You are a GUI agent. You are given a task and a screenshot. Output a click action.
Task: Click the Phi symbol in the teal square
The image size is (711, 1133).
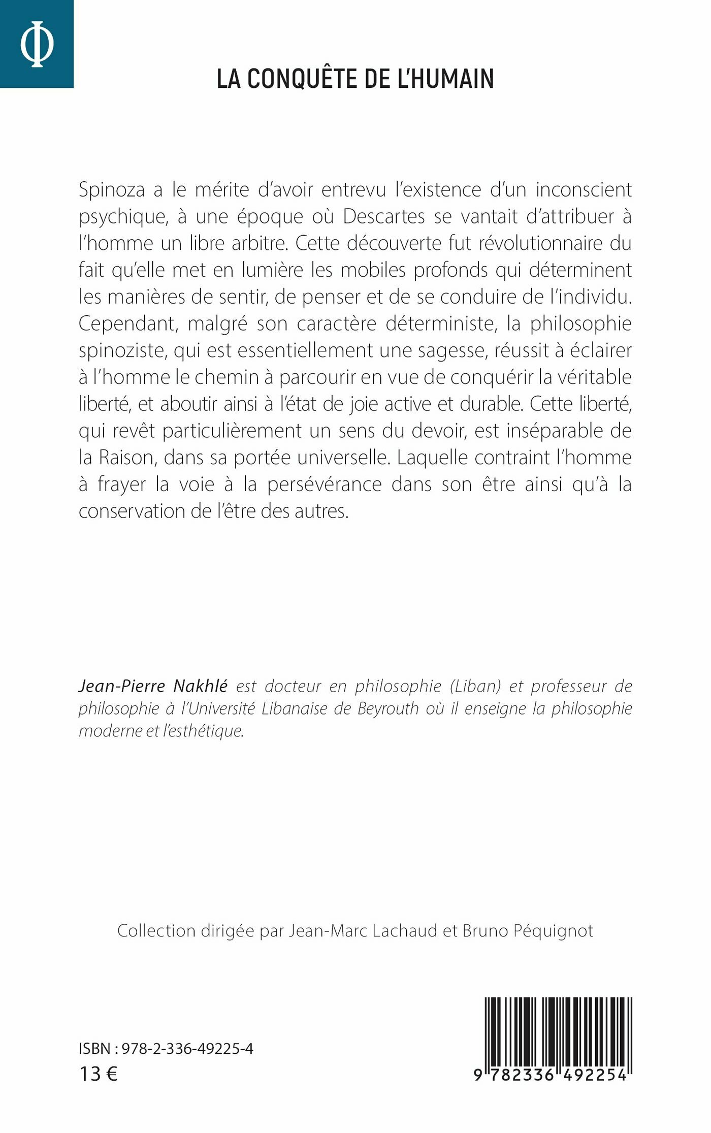click(x=37, y=44)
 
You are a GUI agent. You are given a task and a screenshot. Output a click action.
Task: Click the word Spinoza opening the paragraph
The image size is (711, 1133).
click(x=111, y=190)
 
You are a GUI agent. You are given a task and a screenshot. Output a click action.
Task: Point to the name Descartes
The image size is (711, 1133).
click(x=383, y=217)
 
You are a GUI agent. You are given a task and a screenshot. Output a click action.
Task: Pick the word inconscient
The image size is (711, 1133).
click(x=584, y=190)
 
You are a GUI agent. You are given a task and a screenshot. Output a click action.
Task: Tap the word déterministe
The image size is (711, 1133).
click(x=441, y=324)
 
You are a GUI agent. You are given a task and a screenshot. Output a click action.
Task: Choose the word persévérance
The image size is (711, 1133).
click(x=324, y=484)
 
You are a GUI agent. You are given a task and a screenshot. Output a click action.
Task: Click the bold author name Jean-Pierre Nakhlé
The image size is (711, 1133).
click(x=153, y=686)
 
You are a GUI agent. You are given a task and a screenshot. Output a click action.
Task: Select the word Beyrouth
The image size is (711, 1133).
click(x=388, y=708)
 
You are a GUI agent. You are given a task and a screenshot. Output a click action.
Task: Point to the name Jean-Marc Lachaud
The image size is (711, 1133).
click(x=363, y=931)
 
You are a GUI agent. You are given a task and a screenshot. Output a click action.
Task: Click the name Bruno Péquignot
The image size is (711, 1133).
click(x=528, y=931)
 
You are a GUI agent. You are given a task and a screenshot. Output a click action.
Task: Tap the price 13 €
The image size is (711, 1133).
click(x=99, y=1074)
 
